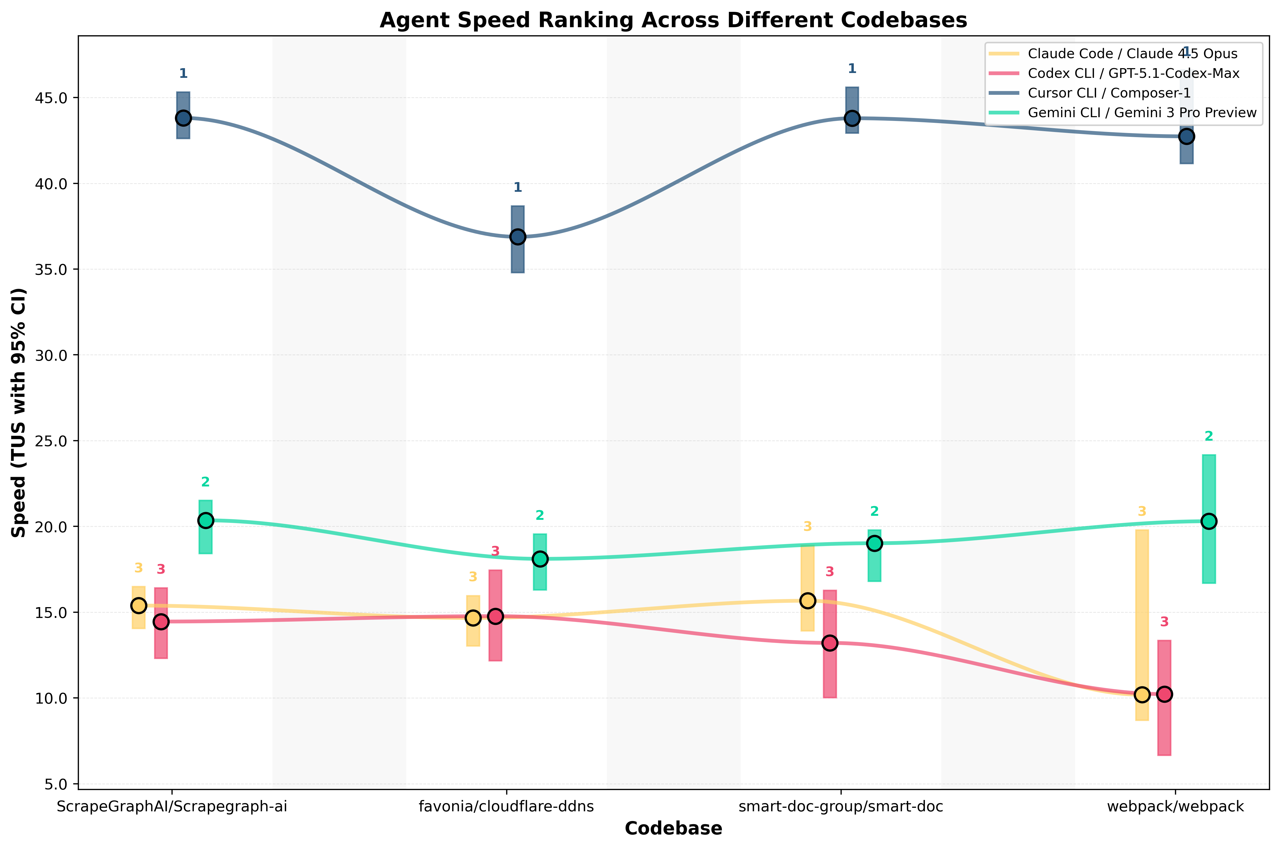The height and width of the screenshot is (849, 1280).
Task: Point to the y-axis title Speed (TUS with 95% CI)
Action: [19, 413]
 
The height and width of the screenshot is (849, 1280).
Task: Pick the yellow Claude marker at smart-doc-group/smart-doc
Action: [807, 600]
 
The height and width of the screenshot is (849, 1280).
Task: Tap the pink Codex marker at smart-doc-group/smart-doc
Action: [830, 643]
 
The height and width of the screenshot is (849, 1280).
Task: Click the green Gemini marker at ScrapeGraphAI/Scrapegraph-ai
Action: [206, 520]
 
